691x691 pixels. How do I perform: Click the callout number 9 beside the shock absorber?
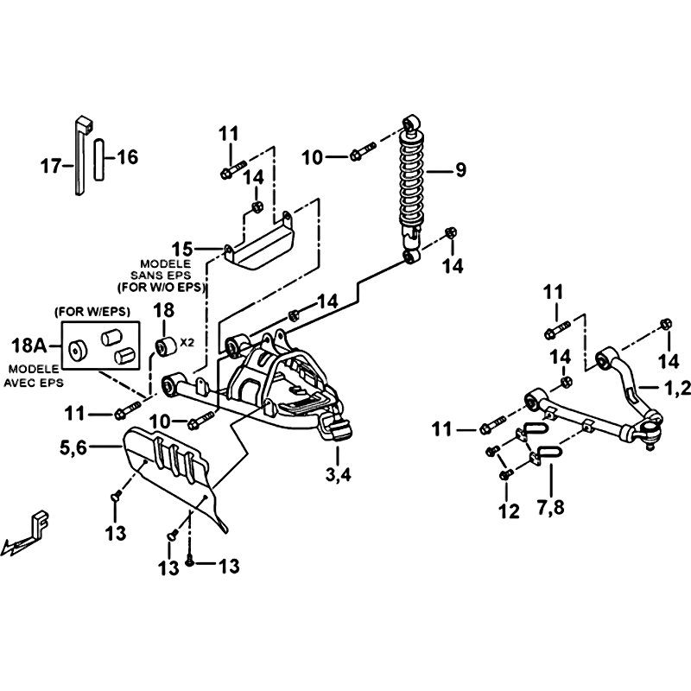point(460,169)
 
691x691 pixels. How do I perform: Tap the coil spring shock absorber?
point(412,189)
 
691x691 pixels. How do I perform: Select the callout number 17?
point(50,166)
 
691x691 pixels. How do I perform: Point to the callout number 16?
point(128,157)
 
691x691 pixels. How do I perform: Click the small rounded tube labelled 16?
point(98,159)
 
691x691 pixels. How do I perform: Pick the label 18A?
point(29,345)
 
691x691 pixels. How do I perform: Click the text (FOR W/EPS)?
point(92,312)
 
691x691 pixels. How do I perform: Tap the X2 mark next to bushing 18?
point(187,342)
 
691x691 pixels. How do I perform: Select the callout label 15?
point(182,249)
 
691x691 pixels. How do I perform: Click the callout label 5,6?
point(73,448)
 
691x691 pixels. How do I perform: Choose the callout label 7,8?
point(551,507)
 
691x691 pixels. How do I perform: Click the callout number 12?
point(509,511)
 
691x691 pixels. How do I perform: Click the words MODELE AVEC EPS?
point(34,376)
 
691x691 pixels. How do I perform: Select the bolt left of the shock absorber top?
point(363,150)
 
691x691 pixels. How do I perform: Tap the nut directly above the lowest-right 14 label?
point(667,325)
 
